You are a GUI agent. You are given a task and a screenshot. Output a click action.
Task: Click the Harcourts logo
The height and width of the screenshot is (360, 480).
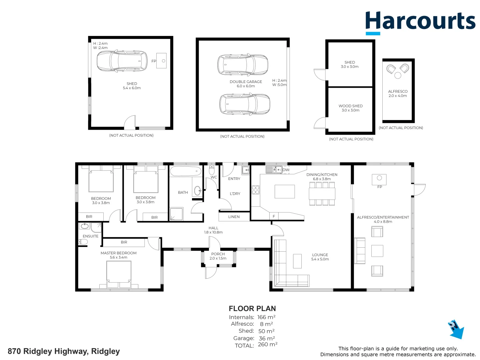(420, 22)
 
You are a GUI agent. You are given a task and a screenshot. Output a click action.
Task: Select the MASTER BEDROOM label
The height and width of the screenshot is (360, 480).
(119, 253)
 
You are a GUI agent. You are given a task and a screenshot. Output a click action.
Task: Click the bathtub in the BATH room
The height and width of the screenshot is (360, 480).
(186, 171)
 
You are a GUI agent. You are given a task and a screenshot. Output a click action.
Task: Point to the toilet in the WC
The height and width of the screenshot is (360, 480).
(212, 170)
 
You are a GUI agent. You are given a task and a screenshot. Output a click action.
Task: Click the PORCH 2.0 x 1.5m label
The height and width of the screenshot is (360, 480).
(218, 256)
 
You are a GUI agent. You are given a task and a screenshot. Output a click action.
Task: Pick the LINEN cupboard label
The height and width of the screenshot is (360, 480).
(234, 217)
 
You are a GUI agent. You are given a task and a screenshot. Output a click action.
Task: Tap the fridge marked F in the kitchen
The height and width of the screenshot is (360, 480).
(274, 217)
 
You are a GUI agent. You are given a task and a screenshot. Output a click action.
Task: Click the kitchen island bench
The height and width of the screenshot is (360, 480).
(285, 192)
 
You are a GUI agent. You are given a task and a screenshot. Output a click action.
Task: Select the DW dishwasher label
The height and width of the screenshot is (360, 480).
(286, 170)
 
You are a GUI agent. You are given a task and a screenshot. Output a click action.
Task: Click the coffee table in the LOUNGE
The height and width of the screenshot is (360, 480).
(297, 261)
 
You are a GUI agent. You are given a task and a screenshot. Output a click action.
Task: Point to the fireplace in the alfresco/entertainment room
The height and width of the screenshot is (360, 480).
(379, 180)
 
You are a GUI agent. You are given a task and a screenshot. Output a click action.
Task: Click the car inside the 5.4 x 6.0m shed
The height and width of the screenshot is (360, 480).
(122, 61)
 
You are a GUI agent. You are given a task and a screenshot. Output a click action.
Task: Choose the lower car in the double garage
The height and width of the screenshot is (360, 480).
(245, 104)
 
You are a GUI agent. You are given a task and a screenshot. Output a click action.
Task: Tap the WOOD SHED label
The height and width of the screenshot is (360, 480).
(351, 106)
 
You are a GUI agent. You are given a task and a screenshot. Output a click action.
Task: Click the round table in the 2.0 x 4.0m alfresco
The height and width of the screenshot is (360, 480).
(398, 75)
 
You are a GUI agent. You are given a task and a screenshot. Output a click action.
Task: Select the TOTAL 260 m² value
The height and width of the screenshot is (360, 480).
(268, 345)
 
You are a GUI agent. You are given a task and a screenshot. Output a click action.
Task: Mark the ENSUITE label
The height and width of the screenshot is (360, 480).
(91, 236)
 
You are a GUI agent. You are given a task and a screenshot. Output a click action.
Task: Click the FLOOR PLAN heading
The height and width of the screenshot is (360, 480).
(252, 309)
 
